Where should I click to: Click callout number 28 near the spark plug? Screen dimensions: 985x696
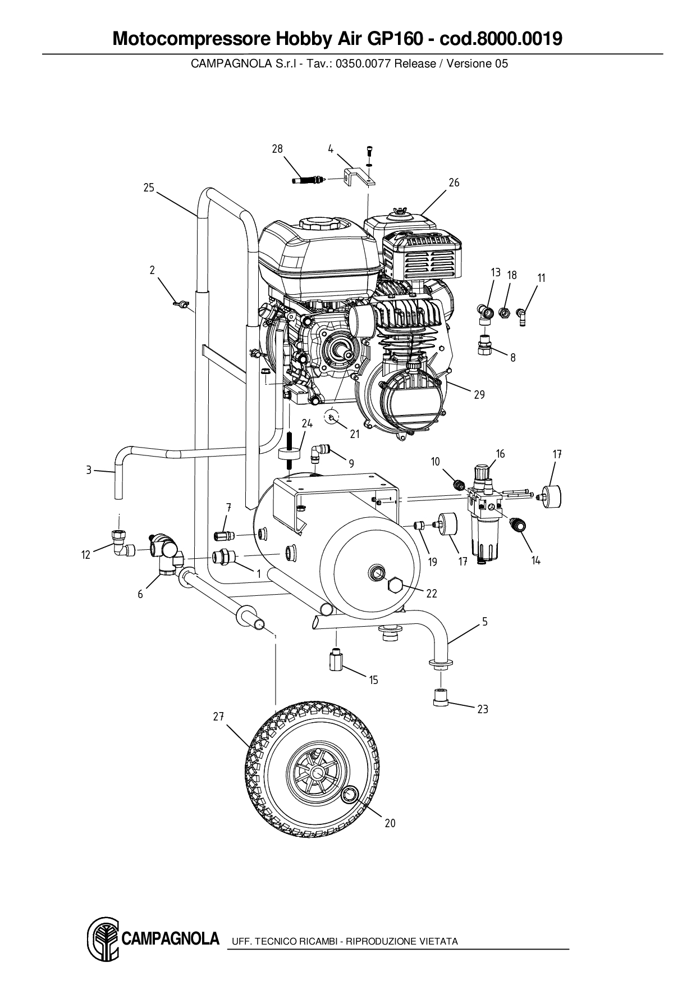(x=277, y=149)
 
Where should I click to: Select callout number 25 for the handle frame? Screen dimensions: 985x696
(x=148, y=188)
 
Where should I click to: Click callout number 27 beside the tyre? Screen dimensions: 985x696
(x=218, y=717)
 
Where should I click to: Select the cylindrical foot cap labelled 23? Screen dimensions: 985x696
(x=441, y=698)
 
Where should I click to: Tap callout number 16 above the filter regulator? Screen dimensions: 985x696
(x=500, y=454)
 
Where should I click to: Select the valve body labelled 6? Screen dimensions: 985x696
(x=166, y=553)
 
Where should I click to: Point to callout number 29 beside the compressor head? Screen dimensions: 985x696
(x=479, y=395)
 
